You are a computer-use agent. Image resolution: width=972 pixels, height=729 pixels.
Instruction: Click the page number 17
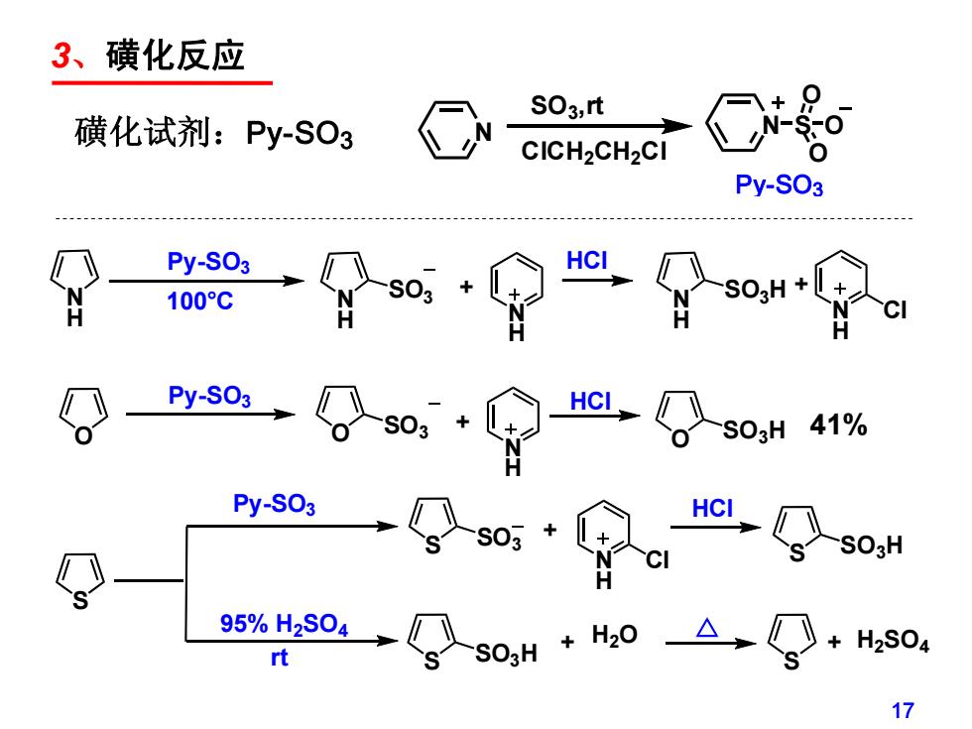tap(903, 710)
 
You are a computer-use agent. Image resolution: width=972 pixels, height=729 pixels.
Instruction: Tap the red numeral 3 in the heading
tap(61, 56)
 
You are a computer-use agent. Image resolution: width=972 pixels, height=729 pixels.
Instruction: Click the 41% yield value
tap(838, 425)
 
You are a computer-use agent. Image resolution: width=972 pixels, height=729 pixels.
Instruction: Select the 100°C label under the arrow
tap(199, 302)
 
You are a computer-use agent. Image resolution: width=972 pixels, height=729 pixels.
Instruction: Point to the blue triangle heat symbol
tap(706, 628)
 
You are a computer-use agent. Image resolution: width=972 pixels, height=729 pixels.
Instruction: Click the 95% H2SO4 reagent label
tap(284, 624)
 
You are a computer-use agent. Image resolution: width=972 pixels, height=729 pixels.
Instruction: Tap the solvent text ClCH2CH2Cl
tap(593, 152)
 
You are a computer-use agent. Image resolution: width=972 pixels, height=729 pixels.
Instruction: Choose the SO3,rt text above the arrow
tap(566, 106)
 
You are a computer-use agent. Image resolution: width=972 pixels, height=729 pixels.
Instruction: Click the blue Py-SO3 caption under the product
tap(779, 185)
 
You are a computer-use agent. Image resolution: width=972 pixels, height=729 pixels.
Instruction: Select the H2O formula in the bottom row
tap(614, 636)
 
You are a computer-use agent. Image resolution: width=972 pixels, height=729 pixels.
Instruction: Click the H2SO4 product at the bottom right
tap(893, 641)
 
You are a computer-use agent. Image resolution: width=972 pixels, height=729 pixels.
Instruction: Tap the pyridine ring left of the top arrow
tap(455, 130)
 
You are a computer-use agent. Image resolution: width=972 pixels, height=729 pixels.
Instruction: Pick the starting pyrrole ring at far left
tap(74, 287)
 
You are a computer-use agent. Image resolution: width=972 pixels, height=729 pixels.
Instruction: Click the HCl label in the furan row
tap(590, 402)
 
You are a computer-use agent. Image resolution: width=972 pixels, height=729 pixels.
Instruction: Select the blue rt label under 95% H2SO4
tap(279, 658)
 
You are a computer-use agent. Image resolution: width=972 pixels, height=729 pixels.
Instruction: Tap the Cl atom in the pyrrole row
tap(895, 309)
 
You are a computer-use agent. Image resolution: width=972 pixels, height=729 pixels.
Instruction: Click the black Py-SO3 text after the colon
tap(300, 135)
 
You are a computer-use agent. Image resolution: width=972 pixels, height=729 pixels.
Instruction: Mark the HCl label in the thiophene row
tap(712, 509)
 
